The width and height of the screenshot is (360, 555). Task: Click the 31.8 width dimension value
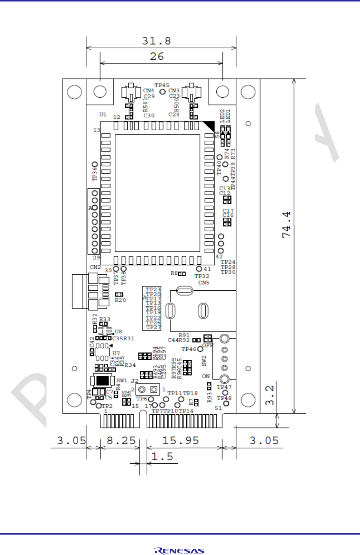pyautogui.click(x=157, y=41)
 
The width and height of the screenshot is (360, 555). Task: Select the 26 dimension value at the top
pyautogui.click(x=157, y=56)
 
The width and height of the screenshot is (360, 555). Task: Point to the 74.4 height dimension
pyautogui.click(x=286, y=225)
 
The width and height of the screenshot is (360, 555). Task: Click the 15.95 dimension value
pyautogui.click(x=181, y=441)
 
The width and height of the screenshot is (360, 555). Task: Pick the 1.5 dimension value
pyautogui.click(x=162, y=456)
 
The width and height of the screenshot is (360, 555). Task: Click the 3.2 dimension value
pyautogui.click(x=270, y=395)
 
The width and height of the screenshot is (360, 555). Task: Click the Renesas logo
pyautogui.click(x=180, y=551)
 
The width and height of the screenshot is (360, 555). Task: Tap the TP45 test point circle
pyautogui.click(x=162, y=91)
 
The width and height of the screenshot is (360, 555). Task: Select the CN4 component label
pyautogui.click(x=148, y=91)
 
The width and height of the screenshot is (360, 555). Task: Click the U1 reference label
pyautogui.click(x=103, y=114)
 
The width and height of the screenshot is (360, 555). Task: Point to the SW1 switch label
pyautogui.click(x=121, y=381)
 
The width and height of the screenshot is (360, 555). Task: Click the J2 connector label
pyautogui.click(x=134, y=381)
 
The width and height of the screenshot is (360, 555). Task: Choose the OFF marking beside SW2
pyautogui.click(x=208, y=346)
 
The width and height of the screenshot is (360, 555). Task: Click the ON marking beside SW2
pyautogui.click(x=206, y=376)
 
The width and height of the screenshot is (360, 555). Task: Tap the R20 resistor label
pyautogui.click(x=120, y=300)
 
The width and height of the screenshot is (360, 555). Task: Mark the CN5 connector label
pyautogui.click(x=204, y=283)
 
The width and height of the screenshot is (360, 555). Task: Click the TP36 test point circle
pyautogui.click(x=95, y=164)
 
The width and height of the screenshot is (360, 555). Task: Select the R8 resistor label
pyautogui.click(x=174, y=273)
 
